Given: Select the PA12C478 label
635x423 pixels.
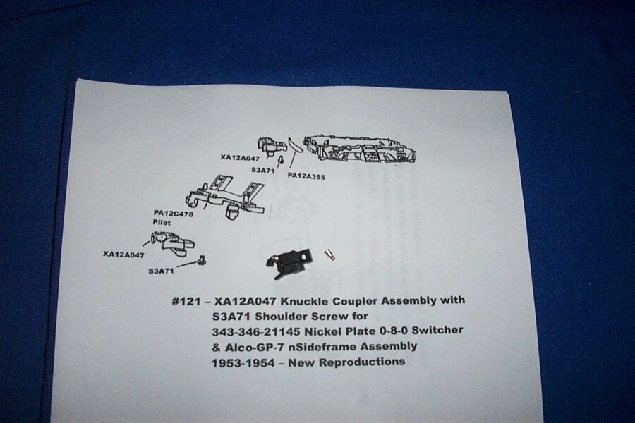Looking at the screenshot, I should point(173,211).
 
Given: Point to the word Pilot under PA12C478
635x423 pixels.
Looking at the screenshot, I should point(162,221).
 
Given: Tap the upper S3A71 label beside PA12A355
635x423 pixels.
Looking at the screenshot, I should point(262,171).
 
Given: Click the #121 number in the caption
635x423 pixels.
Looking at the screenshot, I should point(184,300).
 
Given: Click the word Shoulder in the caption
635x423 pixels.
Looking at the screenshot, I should point(272,316).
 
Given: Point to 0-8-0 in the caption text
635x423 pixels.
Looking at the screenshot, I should point(381,331).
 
